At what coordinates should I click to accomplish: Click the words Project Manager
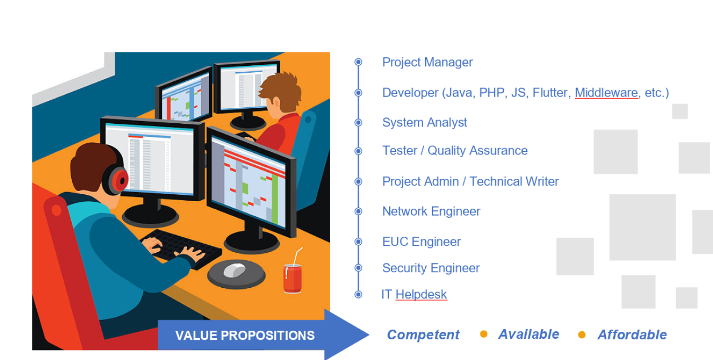pos(427,62)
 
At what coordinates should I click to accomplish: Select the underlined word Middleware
pos(606,92)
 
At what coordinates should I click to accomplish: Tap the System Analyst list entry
pos(425,123)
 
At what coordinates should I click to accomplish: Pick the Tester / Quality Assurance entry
pos(455,151)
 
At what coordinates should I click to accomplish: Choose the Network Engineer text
pos(431,211)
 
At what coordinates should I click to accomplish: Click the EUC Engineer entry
pos(422,242)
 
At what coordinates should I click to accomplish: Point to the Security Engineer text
pos(431,268)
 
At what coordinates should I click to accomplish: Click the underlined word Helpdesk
pos(421,295)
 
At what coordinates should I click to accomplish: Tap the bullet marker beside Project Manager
pos(358,62)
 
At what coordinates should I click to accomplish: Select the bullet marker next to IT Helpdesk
pos(358,295)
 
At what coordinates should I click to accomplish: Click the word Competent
pos(423,335)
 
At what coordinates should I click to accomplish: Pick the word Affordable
pos(632,335)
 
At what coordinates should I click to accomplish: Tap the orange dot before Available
pos(484,334)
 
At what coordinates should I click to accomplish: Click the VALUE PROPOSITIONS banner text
pos(245,336)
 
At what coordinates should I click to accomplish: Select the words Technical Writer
pos(514,182)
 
